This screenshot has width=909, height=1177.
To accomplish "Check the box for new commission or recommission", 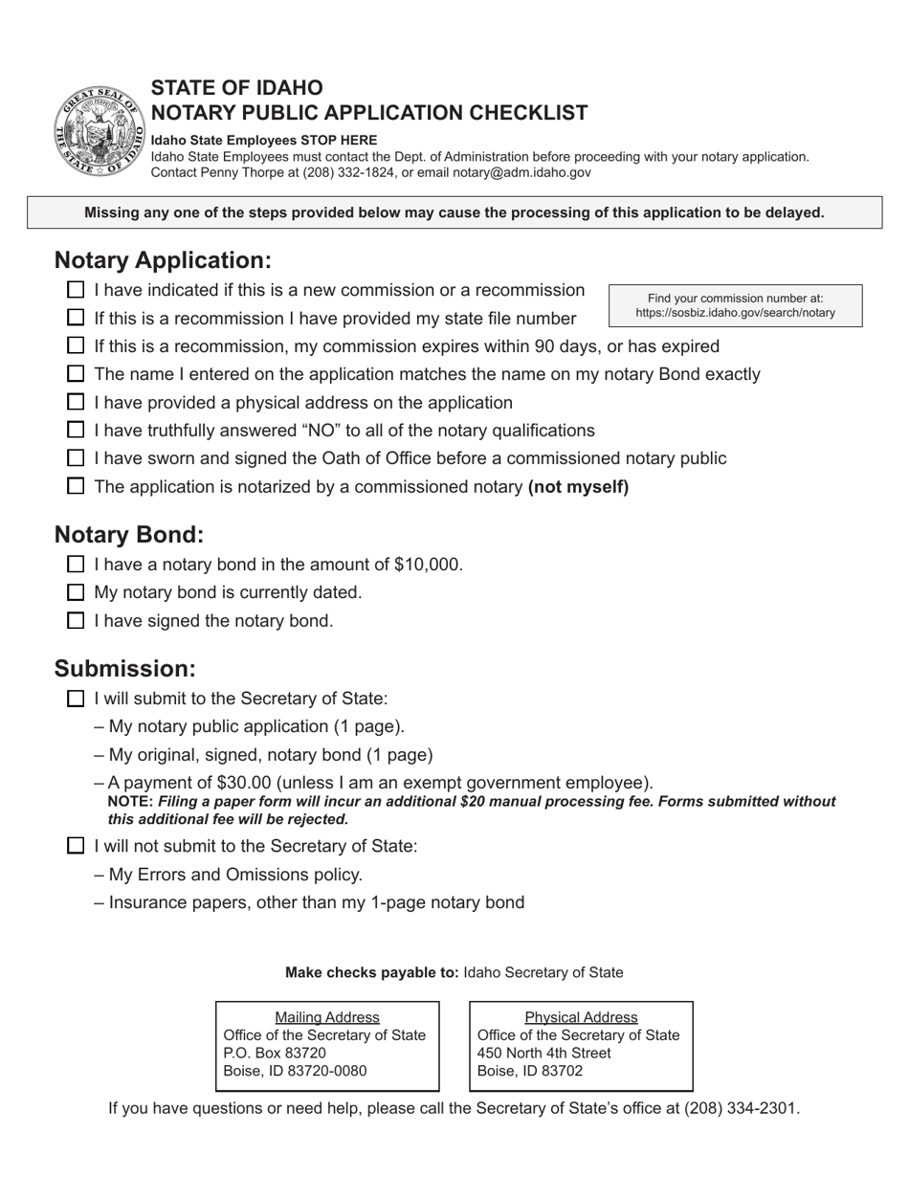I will [x=77, y=290].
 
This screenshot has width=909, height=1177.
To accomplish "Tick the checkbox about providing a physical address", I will [x=77, y=403].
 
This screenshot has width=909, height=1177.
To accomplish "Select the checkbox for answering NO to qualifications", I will [x=77, y=431].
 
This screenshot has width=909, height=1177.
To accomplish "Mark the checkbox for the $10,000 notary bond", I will [x=77, y=565].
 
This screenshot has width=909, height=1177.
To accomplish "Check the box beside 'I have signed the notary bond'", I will [x=77, y=621].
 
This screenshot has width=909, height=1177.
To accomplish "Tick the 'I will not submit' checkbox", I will [x=77, y=846].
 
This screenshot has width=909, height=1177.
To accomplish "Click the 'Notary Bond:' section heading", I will [x=129, y=534].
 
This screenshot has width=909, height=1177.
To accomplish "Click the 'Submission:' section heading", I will [x=124, y=668].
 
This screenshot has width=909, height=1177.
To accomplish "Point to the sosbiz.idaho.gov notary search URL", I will [x=735, y=313].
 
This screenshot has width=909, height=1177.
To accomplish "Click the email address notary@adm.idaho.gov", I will [x=532, y=173].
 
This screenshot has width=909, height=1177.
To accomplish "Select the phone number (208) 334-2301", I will [x=741, y=1109].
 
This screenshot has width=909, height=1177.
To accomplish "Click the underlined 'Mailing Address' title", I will [x=327, y=1017].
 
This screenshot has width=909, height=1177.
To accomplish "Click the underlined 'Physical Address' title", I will [x=581, y=1017].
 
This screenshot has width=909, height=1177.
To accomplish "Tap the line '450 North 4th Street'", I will [x=543, y=1054].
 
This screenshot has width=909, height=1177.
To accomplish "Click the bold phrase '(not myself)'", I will [x=578, y=487].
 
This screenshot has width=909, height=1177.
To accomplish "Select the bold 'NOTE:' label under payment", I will [x=130, y=802].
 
